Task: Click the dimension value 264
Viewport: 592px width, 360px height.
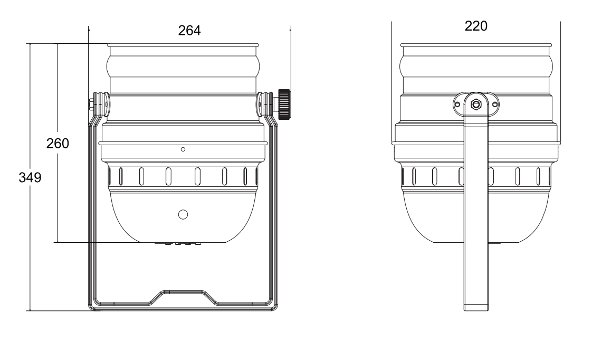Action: pos(189,31)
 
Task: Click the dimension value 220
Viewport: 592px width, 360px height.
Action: pos(476,26)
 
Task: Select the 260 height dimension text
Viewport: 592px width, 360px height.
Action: pos(58,143)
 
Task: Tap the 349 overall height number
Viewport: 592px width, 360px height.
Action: pos(29,177)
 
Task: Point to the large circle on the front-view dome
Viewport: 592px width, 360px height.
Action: pos(183,214)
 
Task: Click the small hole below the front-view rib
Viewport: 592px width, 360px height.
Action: pos(183,149)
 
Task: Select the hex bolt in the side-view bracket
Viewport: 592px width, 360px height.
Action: pos(476,104)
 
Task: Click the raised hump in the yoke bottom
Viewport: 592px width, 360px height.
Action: pos(183,293)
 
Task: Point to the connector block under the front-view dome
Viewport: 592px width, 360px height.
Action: pos(178,243)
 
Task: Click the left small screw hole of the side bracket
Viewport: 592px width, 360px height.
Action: pos(457,104)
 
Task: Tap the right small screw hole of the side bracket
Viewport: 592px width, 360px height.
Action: pos(494,104)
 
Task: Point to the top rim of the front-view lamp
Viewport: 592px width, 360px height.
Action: pos(183,45)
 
